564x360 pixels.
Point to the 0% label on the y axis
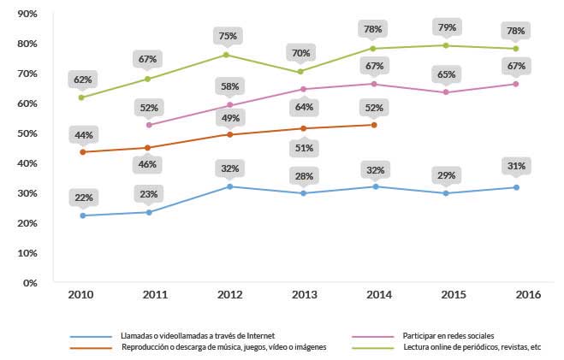(28, 282)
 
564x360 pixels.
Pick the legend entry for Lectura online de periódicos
(472, 347)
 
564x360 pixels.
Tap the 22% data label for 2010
(83, 198)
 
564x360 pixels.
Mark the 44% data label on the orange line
(83, 134)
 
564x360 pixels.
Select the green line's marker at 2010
(82, 97)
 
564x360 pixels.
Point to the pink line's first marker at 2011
(150, 125)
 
